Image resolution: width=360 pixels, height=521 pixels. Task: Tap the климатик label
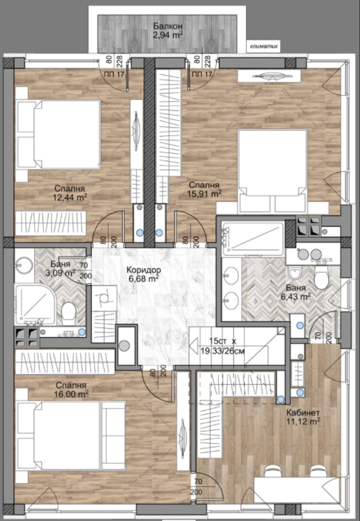point(264,46)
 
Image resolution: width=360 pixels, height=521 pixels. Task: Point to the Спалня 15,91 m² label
point(204,189)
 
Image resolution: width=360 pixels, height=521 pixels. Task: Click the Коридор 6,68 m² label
point(144,274)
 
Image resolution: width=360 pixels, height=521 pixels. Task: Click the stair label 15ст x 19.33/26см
point(222,346)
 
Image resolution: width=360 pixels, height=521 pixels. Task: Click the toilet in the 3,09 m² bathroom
point(69,313)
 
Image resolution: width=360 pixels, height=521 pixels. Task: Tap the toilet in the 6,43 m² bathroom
point(321,277)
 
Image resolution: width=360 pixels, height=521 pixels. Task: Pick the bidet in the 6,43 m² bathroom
point(295,273)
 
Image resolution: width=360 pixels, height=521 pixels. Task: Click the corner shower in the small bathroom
point(35,304)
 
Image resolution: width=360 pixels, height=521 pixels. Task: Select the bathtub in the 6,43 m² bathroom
point(253,238)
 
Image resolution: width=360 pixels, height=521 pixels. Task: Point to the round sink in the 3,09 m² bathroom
point(24,265)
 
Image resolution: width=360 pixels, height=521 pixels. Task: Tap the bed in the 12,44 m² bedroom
point(58,135)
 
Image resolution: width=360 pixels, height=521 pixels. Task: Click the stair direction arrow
point(194,346)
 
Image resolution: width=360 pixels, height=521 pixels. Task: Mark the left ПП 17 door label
point(114,74)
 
